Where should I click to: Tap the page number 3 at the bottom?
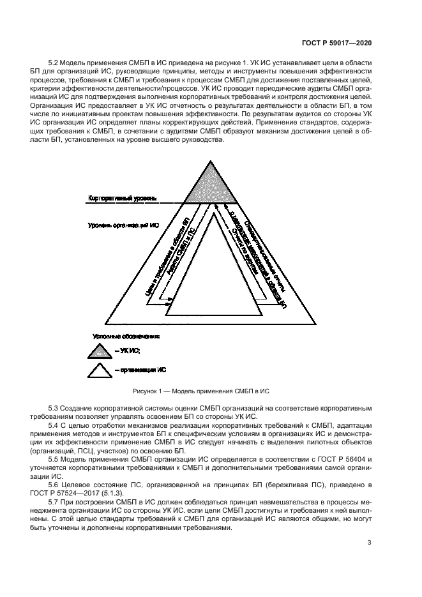(x=370, y=543)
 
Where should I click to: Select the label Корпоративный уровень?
(x=122, y=199)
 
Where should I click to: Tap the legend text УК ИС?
(x=130, y=351)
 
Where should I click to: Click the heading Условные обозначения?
(x=126, y=335)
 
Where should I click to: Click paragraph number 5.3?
(x=55, y=407)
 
